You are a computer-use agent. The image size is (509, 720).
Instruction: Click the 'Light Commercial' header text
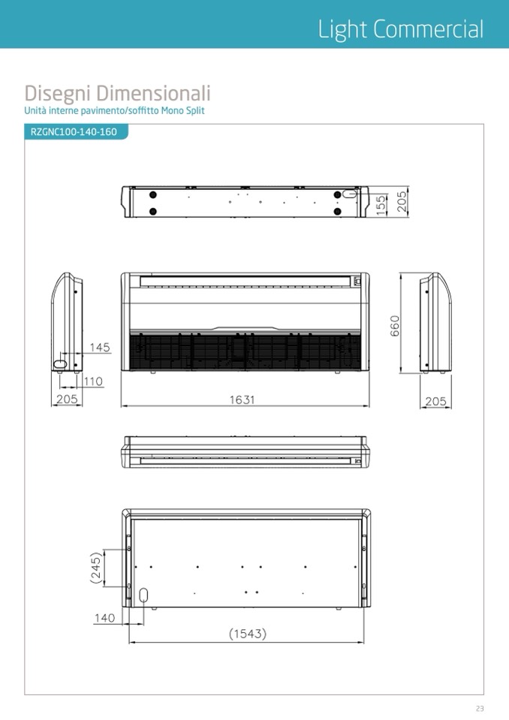[401, 29]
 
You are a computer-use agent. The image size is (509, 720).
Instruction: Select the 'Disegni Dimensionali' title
[118, 93]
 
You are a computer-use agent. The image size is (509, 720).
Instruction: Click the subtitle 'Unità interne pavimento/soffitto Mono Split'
[114, 110]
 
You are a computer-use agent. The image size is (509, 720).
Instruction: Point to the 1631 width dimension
[242, 399]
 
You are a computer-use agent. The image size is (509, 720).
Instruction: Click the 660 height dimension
[395, 326]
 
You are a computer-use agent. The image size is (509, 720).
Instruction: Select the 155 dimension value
[381, 205]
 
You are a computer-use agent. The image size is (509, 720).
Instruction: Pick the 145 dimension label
[100, 347]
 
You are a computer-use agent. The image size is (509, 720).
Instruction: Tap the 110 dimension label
[93, 381]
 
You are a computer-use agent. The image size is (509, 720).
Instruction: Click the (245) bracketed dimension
[96, 568]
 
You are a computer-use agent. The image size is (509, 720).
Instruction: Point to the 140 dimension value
[104, 618]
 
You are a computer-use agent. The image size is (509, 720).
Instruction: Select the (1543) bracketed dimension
[248, 634]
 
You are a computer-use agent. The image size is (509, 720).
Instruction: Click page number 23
[480, 709]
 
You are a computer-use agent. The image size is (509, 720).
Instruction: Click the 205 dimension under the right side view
[435, 402]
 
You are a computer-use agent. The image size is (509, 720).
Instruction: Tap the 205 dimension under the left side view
[67, 399]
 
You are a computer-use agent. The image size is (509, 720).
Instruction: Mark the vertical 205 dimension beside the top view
[402, 202]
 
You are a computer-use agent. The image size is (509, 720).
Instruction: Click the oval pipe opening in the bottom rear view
[143, 595]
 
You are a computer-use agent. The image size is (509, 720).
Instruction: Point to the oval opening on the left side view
[60, 364]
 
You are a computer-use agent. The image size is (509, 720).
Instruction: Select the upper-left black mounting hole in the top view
[153, 194]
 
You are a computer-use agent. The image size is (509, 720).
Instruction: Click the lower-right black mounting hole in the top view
[338, 212]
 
